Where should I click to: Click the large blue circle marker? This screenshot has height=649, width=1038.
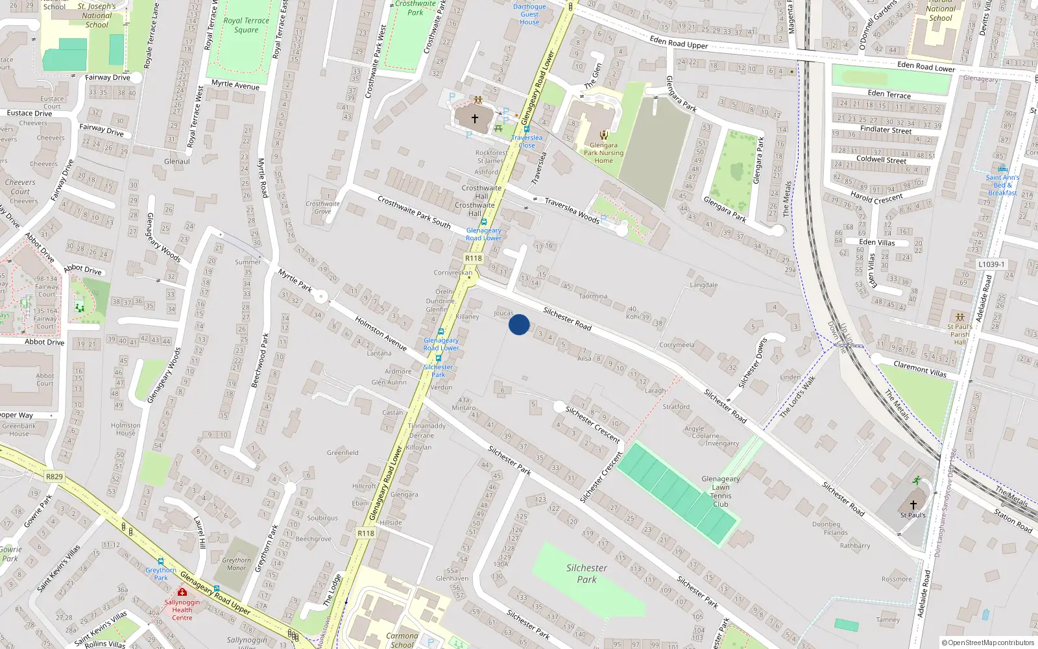tap(519, 324)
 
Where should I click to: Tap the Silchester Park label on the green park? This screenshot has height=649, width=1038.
tap(586, 574)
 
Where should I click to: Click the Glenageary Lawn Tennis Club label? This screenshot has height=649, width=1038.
tap(720, 491)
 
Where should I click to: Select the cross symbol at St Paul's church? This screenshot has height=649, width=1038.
tap(913, 504)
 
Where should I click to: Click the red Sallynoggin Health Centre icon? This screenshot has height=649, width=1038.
tap(182, 592)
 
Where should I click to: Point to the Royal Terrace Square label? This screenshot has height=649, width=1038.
tap(246, 25)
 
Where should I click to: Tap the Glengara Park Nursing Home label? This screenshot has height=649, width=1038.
tap(603, 153)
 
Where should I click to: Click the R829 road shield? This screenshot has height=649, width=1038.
tap(54, 476)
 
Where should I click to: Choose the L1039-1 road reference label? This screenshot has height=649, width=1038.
tap(991, 264)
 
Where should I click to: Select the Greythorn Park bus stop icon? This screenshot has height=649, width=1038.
tap(161, 562)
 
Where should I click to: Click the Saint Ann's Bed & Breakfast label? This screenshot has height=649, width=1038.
tap(1002, 185)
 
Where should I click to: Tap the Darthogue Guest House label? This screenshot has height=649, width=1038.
tap(529, 14)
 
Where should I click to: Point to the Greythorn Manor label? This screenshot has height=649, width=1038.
tap(236, 564)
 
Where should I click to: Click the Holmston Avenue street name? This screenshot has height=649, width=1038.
tap(380, 334)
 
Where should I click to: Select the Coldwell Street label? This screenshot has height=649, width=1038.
tap(881, 159)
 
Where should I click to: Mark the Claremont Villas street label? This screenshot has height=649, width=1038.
tap(920, 369)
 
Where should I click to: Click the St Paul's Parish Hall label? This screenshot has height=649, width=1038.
tap(960, 334)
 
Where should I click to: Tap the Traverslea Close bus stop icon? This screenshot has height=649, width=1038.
tap(526, 129)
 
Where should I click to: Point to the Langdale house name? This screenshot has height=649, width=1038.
tap(703, 285)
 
